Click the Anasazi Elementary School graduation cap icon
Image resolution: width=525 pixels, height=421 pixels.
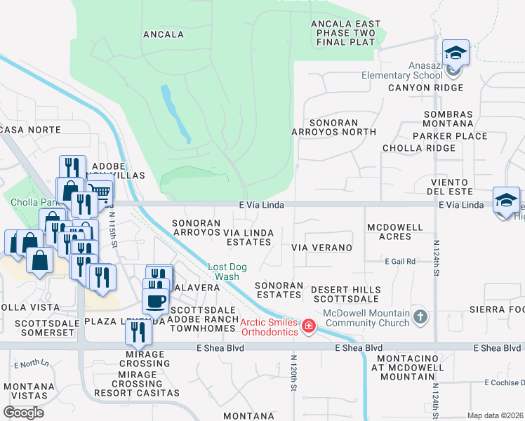click(x=456, y=53)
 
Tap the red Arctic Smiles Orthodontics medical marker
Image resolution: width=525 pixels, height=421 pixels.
click(x=307, y=326)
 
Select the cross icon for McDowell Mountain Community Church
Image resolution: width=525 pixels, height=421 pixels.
click(x=420, y=316)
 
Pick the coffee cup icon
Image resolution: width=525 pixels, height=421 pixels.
click(x=155, y=300)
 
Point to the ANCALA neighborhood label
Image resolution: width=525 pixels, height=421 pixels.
click(x=164, y=34)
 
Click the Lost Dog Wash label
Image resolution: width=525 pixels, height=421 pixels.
click(x=227, y=272)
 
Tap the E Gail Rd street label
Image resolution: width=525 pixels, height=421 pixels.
click(x=400, y=261)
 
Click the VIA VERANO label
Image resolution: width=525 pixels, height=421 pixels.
click(x=321, y=248)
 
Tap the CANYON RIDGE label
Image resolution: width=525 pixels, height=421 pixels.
click(x=425, y=88)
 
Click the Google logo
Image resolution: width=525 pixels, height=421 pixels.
click(x=23, y=413)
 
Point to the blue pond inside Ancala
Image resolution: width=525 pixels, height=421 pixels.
click(x=175, y=112)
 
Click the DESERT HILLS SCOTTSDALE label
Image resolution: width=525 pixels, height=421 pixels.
click(x=346, y=294)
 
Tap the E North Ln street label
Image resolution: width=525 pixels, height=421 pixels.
click(x=32, y=363)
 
